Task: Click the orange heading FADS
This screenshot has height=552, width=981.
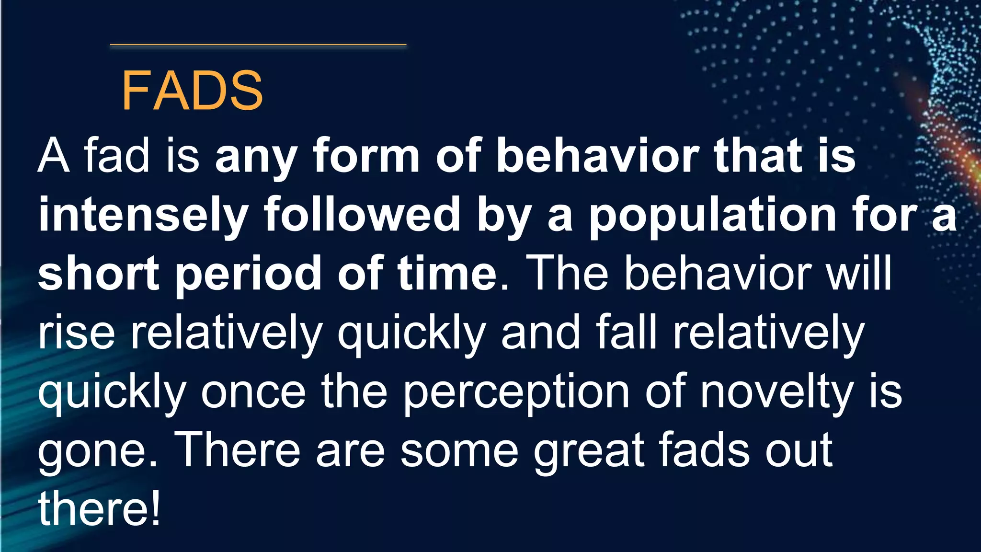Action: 192,91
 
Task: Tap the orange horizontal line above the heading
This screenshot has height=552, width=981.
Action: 258,45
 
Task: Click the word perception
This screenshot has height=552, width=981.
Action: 515,392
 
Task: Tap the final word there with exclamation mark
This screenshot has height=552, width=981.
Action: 99,509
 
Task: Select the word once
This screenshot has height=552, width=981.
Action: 253,392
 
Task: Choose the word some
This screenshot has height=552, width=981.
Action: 459,450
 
